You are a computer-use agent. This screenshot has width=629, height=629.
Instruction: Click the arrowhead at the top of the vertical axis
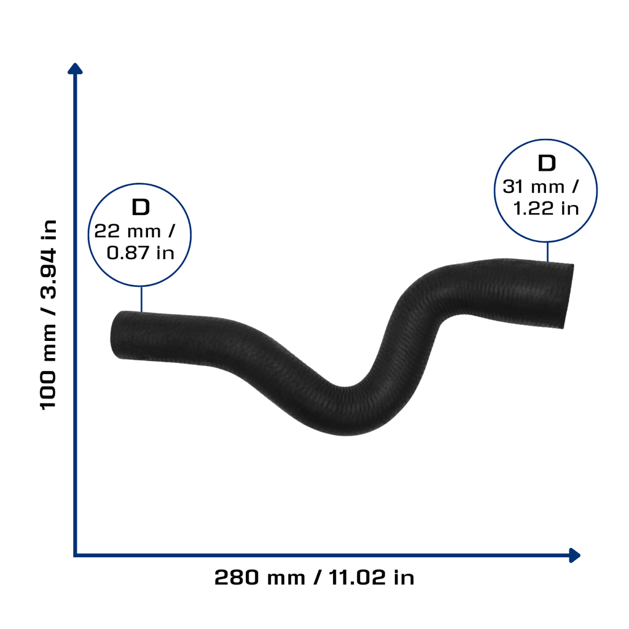pos(75,68)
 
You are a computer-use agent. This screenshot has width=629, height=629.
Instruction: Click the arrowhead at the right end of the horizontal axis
pos(575,555)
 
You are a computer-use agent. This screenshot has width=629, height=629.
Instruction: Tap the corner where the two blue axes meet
pos(75,555)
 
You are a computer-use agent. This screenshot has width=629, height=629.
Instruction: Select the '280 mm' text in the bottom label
pos(260,577)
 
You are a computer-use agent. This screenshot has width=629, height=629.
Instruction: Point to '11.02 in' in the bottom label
pos(372,577)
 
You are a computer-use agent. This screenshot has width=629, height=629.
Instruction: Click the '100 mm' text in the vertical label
pos(48,367)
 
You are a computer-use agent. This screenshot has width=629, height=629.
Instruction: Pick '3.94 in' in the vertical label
pos(48,259)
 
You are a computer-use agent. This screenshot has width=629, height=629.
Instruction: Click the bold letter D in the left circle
pos(141,208)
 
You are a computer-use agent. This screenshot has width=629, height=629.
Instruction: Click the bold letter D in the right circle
pos(546,163)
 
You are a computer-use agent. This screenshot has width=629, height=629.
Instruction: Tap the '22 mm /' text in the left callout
pos(135,231)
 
